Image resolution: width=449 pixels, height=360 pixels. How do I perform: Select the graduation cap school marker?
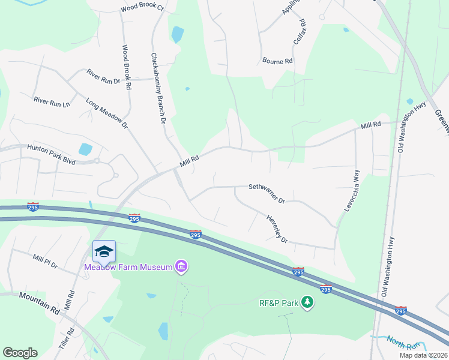coord(104,251)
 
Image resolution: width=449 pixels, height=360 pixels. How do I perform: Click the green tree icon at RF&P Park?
coord(307,302)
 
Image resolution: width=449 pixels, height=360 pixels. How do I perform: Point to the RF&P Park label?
coord(279,303)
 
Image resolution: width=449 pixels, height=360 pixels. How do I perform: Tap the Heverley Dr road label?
coord(277,229)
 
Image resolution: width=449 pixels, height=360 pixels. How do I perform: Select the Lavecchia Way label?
coord(351,190)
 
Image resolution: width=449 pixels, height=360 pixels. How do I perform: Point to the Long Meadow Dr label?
coord(107,113)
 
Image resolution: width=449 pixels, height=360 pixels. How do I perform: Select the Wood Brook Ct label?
coord(142,8)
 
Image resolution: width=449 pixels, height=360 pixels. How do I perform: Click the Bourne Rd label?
coord(277,61)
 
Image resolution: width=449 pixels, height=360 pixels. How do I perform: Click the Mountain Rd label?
coord(40,301)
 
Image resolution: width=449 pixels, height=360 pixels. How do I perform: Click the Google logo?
coord(20,353)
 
